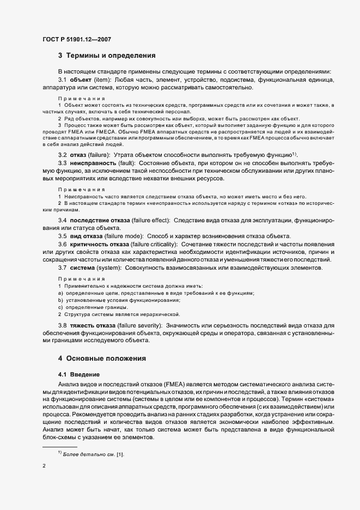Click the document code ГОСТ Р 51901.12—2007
coord(77,39)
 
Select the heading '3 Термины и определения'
coord(107,55)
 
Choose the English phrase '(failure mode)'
coord(123,236)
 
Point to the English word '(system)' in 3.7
coord(111,268)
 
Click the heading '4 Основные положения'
coord(102,359)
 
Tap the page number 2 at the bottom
coord(44,466)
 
